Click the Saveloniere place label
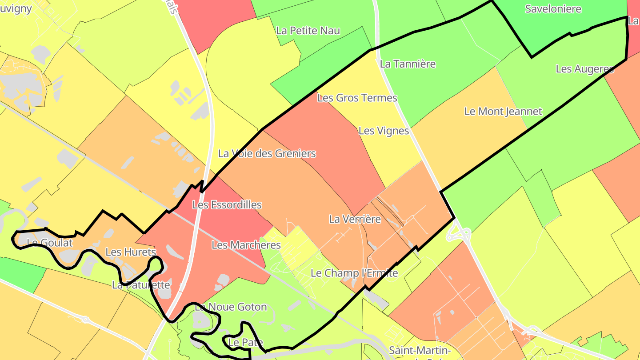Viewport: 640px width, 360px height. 553,9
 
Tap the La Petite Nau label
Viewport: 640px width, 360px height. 308,31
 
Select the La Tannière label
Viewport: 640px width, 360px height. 408,64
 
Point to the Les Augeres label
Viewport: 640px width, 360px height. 584,69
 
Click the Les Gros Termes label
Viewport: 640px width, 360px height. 357,98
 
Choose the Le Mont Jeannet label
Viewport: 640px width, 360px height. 503,112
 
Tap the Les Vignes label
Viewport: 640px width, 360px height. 384,131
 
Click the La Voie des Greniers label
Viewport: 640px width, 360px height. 267,154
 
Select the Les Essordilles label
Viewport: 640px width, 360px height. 227,205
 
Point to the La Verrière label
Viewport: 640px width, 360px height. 355,219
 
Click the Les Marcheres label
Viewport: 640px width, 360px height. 246,245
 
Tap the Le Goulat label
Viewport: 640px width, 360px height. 49,243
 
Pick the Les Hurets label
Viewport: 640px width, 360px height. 131,252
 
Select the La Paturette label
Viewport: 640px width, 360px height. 141,285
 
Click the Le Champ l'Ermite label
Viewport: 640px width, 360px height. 354,273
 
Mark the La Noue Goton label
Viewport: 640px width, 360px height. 231,307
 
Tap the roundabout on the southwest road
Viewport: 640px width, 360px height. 86,319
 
